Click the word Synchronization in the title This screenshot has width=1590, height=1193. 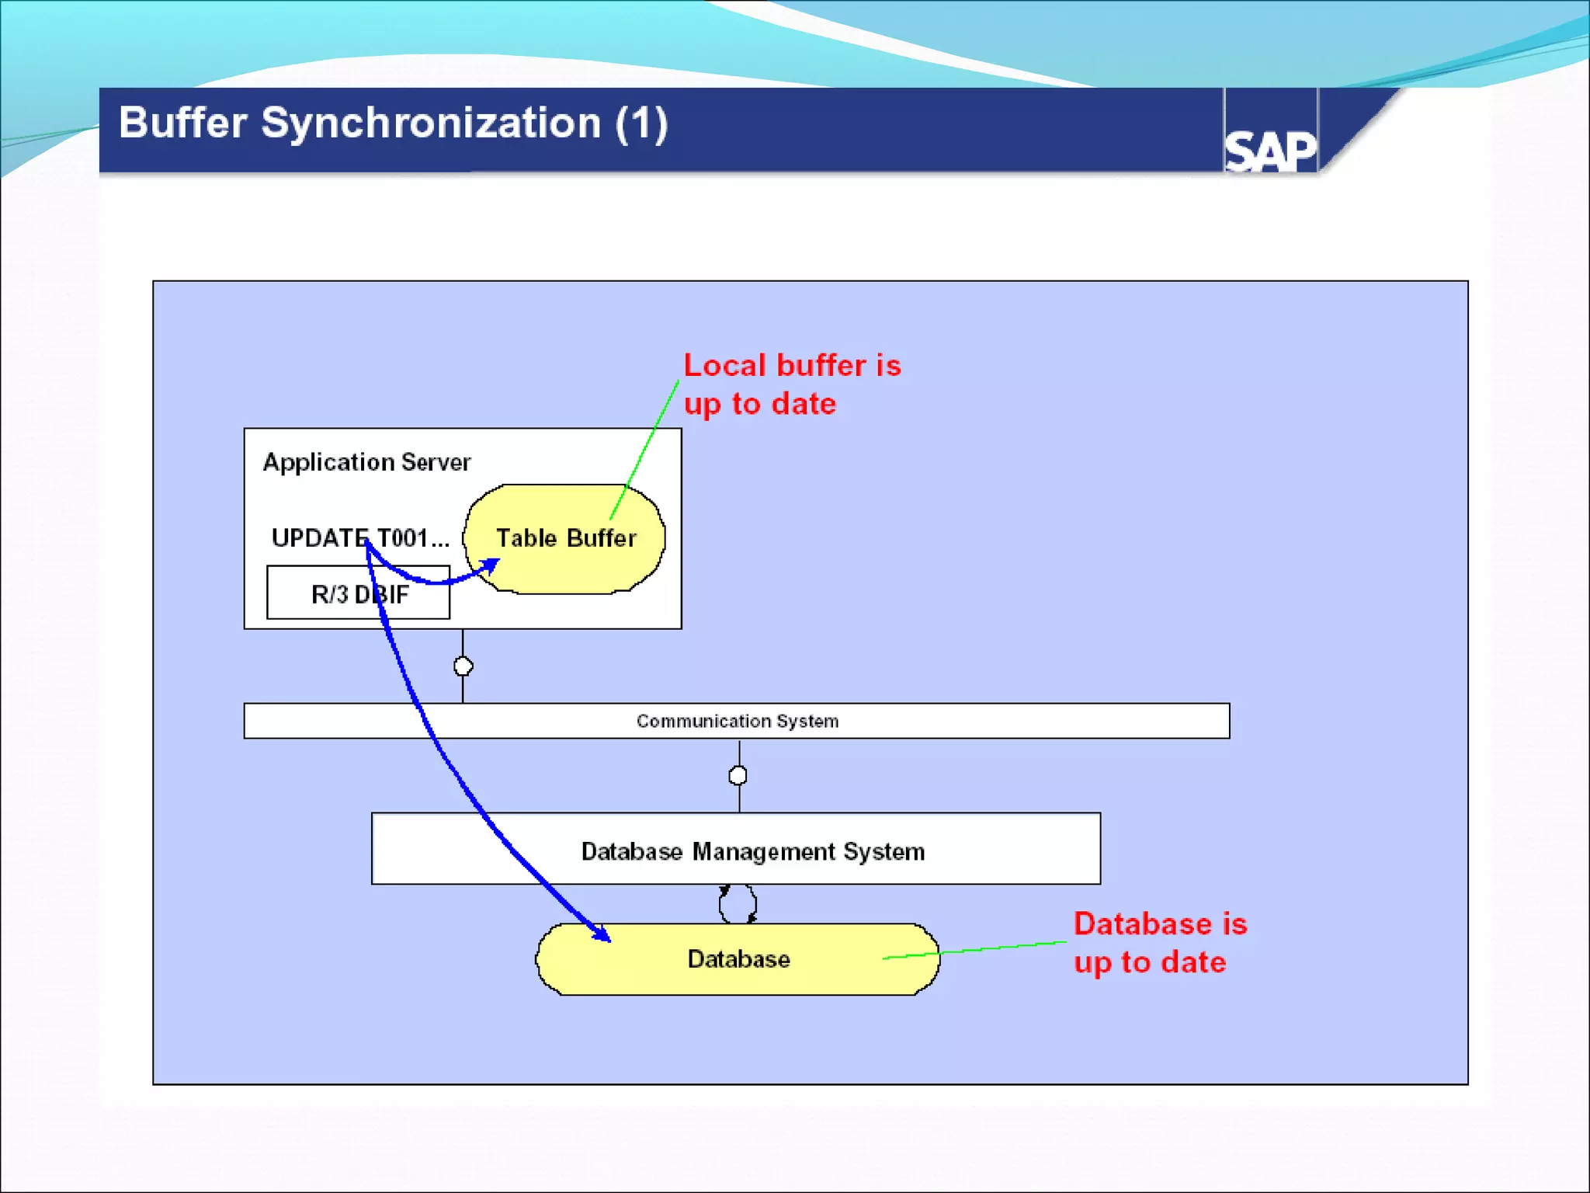[430, 124]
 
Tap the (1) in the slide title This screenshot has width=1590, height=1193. [641, 124]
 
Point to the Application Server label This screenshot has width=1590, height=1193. [366, 462]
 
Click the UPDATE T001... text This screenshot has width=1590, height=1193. [360, 537]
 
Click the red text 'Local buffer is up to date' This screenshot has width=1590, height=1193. [791, 384]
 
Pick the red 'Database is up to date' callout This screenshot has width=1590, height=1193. [1159, 943]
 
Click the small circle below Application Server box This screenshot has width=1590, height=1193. [463, 666]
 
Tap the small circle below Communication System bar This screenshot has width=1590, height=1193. [738, 775]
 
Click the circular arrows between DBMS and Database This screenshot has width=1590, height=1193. [738, 904]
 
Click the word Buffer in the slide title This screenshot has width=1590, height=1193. [183, 124]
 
